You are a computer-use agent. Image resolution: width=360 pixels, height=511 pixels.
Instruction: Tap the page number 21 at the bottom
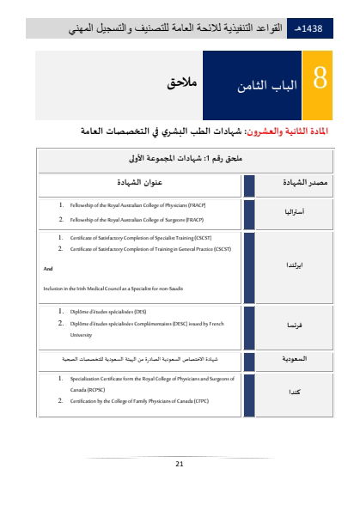click(180, 464)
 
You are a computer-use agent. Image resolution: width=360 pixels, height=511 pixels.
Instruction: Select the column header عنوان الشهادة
click(141, 184)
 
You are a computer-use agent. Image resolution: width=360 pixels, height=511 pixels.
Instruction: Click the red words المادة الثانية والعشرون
click(286, 131)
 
